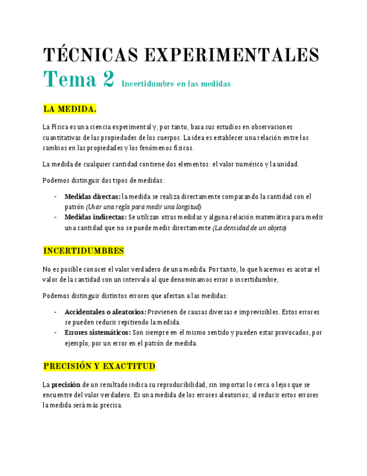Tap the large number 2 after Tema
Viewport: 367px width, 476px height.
pyautogui.click(x=108, y=80)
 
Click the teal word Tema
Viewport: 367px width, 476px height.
pyautogui.click(x=69, y=80)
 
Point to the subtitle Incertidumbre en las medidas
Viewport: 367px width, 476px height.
pyautogui.click(x=176, y=84)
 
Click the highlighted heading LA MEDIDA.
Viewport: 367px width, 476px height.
pyautogui.click(x=69, y=108)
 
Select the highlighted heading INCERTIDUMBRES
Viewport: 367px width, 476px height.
pyautogui.click(x=83, y=250)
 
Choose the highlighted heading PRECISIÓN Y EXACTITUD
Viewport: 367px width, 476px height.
pyautogui.click(x=99, y=366)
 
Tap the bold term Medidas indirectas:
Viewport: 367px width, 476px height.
pyautogui.click(x=95, y=217)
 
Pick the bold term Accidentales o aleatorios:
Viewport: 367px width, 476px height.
pyautogui.click(x=105, y=312)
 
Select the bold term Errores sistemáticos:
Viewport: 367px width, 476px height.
pyautogui.click(x=97, y=332)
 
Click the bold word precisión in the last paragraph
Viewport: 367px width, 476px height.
pyautogui.click(x=66, y=385)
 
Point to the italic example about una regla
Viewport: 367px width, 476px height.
pyautogui.click(x=143, y=207)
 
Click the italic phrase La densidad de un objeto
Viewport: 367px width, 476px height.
pyautogui.click(x=249, y=227)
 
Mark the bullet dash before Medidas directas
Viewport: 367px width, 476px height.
pyautogui.click(x=55, y=196)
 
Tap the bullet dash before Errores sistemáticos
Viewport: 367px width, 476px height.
pyautogui.click(x=55, y=332)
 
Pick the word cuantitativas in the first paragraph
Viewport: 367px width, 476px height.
pyautogui.click(x=62, y=138)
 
